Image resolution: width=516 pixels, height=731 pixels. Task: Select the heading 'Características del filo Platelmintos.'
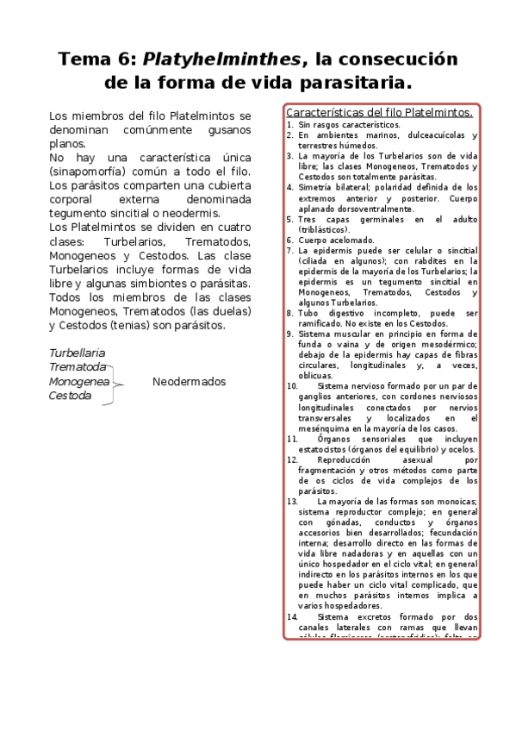(379, 112)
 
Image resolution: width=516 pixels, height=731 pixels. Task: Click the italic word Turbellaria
(78, 353)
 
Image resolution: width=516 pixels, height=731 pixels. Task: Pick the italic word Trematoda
(77, 367)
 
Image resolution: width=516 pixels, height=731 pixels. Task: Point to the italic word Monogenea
(79, 382)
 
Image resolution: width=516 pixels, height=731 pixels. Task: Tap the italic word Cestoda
(70, 396)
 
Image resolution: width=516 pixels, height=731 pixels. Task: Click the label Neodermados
(189, 382)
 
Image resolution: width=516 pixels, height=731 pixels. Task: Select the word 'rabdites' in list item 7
(420, 260)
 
